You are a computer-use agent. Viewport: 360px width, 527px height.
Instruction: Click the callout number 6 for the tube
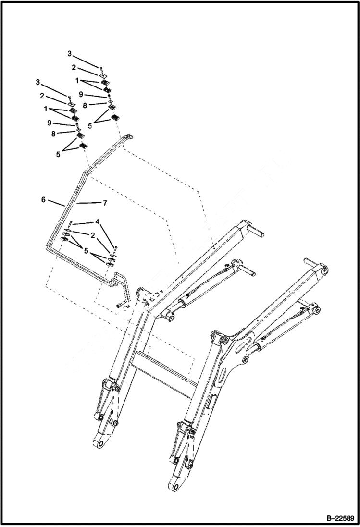pos(43,199)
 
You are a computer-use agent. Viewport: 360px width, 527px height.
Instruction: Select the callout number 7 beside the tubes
pos(104,203)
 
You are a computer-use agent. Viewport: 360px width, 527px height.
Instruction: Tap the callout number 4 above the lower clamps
pos(97,222)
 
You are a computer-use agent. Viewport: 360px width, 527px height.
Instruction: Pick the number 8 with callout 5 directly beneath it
pos(84,104)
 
